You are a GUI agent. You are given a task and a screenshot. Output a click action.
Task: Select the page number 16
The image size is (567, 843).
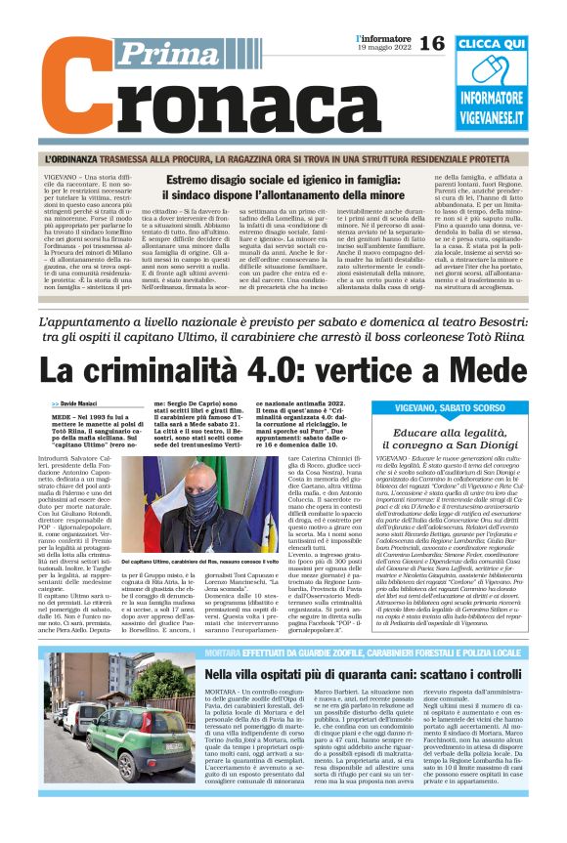pos(431,44)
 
